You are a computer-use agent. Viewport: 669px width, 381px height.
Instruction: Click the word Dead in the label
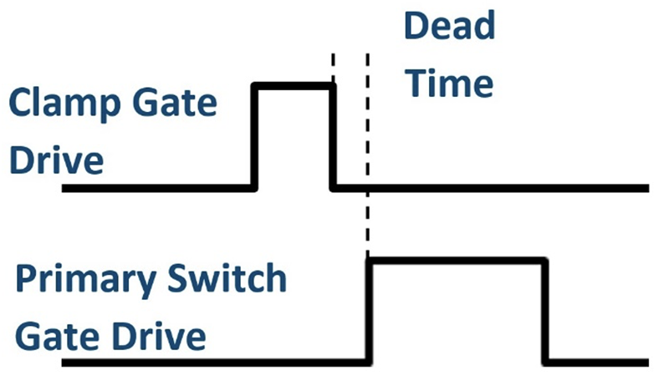pos(449,27)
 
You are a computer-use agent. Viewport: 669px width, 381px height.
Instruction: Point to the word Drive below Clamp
pos(56,159)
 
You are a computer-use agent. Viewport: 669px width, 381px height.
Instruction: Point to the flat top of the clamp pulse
pos(294,84)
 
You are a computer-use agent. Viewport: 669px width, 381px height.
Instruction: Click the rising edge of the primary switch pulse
pos(369,312)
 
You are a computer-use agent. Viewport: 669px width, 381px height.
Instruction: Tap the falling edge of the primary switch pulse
pos(545,312)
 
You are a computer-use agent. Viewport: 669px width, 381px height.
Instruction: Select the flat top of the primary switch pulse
pos(457,262)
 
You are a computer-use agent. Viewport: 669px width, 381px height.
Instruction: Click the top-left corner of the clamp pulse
pos(255,84)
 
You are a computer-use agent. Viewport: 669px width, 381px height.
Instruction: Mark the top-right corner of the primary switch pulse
pos(545,262)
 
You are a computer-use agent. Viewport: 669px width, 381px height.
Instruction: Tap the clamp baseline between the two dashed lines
pos(350,188)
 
